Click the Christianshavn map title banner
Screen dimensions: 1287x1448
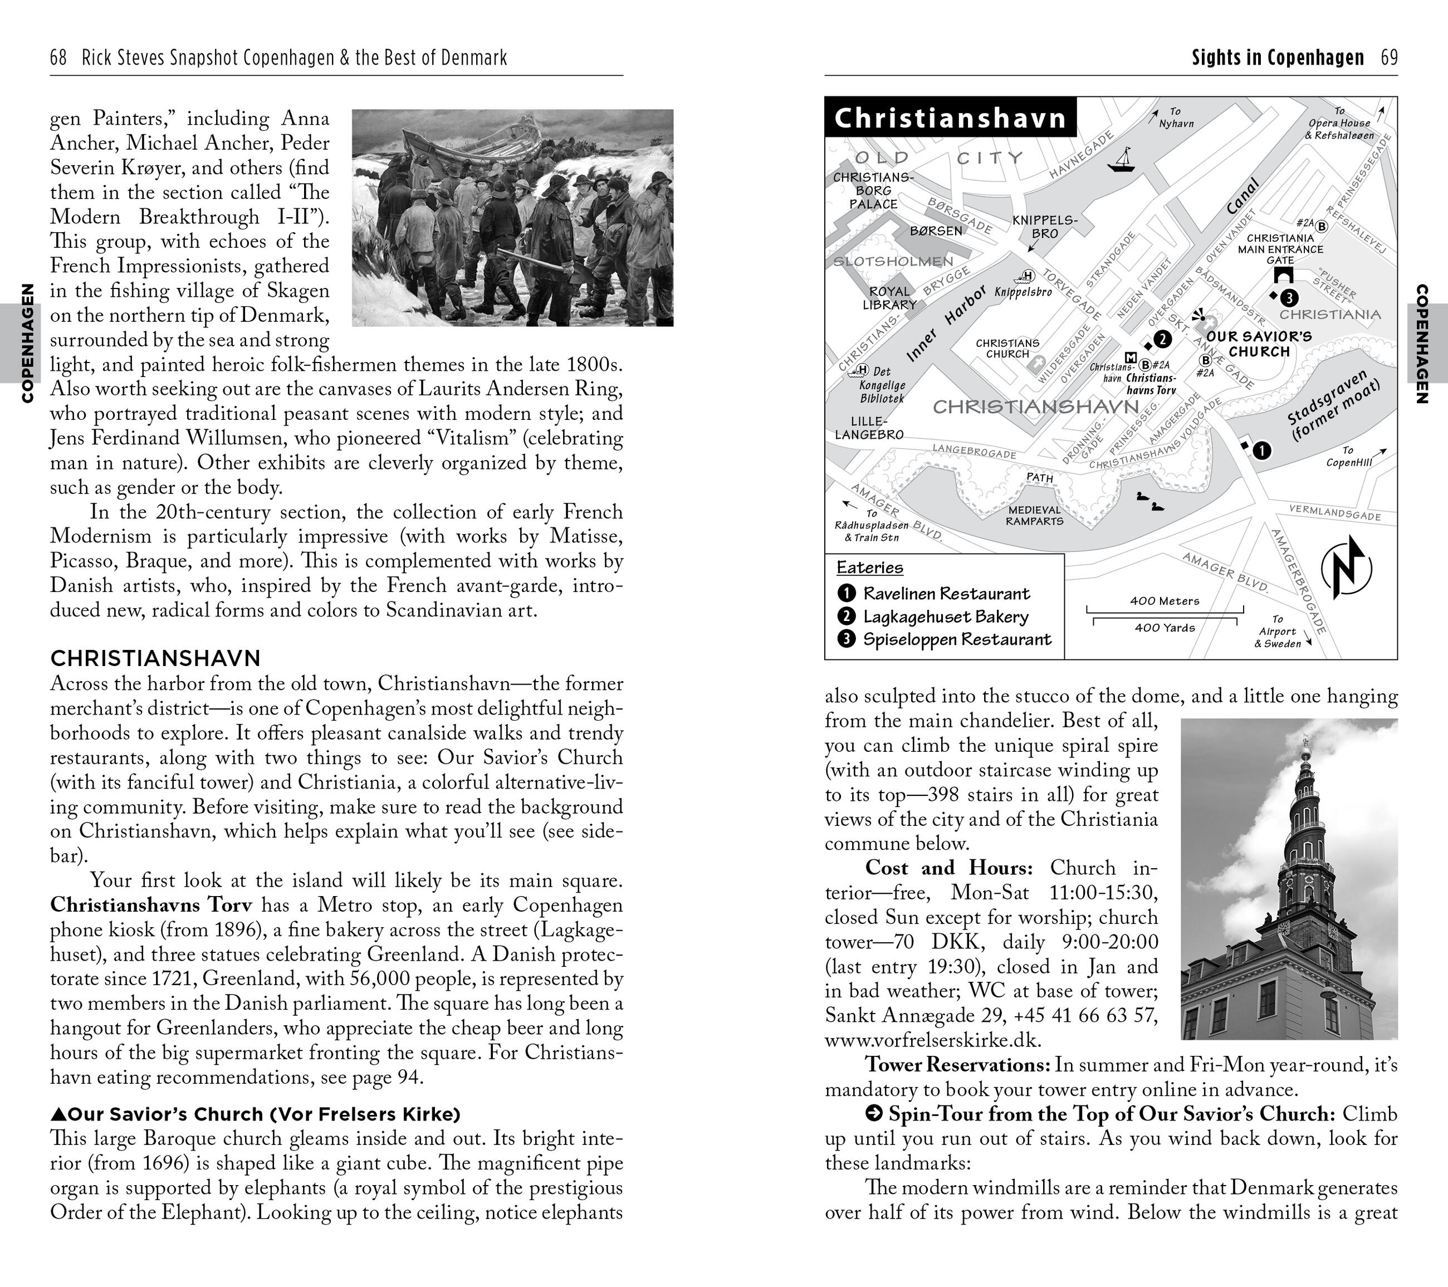coord(950,118)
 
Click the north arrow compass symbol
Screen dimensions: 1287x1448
coord(1346,567)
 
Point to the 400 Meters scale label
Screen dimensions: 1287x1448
coord(1165,601)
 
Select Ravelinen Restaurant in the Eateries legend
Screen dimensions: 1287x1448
coord(946,594)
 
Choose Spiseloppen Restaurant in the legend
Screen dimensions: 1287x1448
coord(956,640)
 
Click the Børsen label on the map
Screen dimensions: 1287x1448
coord(936,231)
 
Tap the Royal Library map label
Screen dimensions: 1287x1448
coord(890,297)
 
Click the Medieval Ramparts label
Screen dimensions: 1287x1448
coord(1034,516)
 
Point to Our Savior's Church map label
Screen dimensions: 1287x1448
coord(1259,344)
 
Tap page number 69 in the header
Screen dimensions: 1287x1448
coord(1389,57)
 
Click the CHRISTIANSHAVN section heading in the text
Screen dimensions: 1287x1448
coord(155,659)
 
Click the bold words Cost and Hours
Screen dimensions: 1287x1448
coord(948,868)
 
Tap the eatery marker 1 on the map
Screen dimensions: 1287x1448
coord(1261,450)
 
